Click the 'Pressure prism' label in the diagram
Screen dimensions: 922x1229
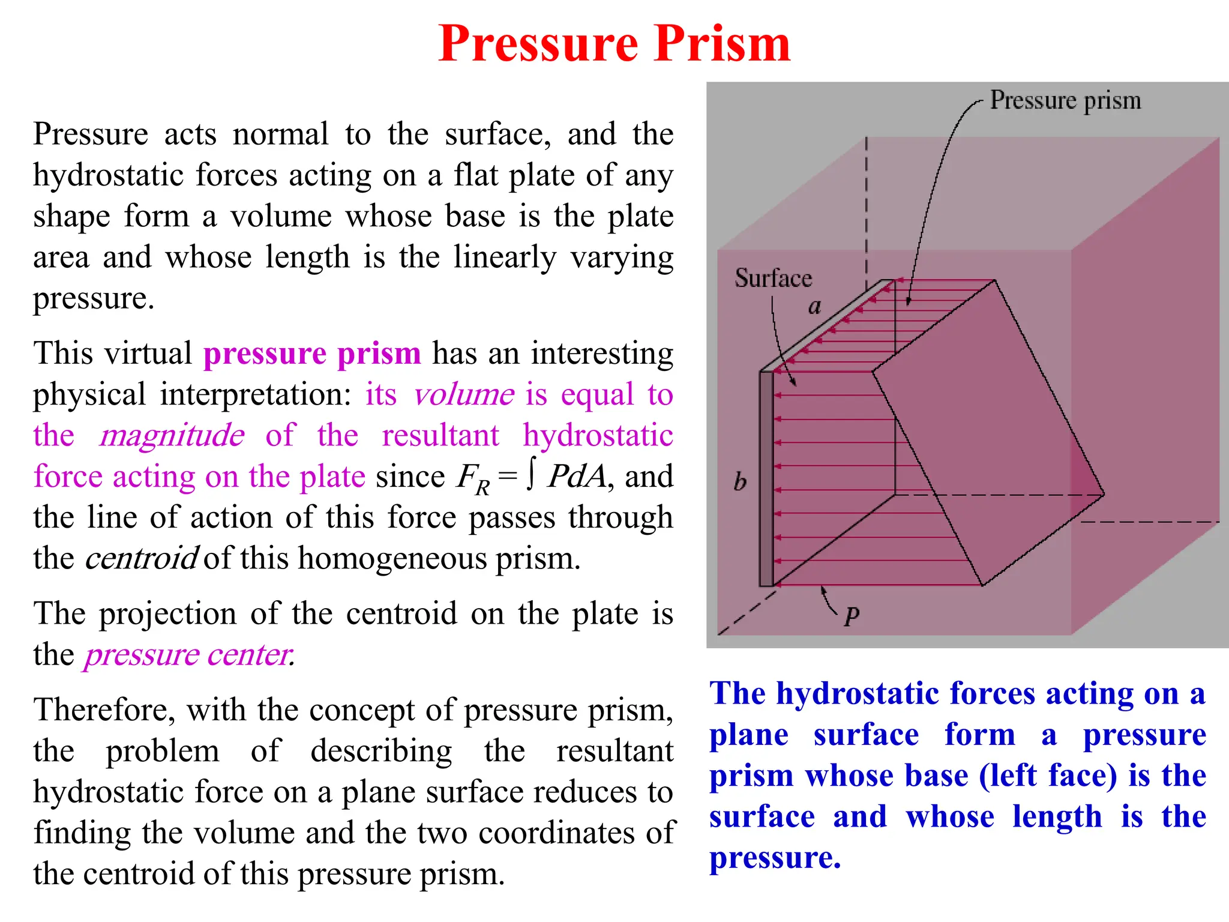pos(1065,100)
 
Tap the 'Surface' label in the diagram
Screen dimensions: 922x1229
pos(773,278)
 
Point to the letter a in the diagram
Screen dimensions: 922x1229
pos(814,307)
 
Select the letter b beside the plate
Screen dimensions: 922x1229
pos(740,481)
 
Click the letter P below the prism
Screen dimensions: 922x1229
pos(852,615)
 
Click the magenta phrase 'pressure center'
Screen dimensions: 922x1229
pos(189,654)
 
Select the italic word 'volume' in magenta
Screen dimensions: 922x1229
pos(463,394)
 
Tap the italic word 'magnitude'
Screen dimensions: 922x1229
pos(172,435)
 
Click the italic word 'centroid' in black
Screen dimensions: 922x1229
pos(142,558)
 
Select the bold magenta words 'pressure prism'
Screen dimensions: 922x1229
pos(312,353)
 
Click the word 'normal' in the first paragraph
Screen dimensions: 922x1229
pos(280,134)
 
